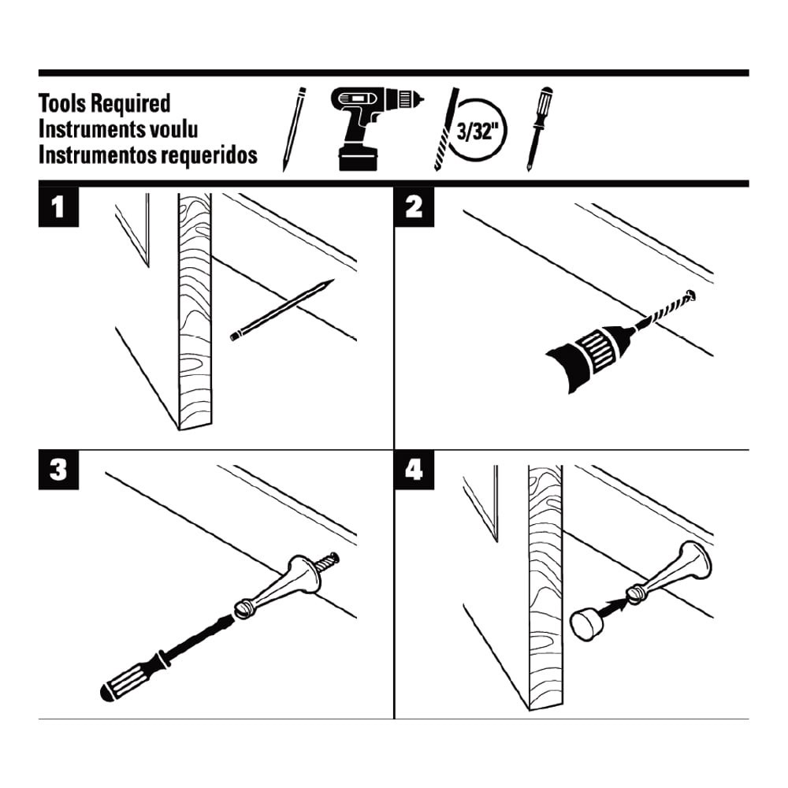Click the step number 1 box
click(x=57, y=209)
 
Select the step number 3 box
click(x=57, y=470)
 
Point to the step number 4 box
click(x=413, y=470)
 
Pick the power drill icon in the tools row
click(x=370, y=126)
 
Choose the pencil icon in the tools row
click(x=294, y=129)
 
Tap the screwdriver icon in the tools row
click(x=537, y=128)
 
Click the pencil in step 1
click(x=282, y=310)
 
